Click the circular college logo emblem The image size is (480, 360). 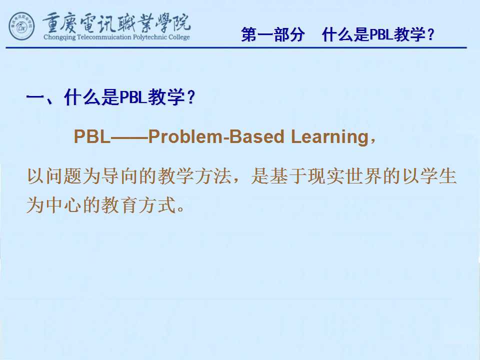click(21, 26)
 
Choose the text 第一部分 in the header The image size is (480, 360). click(273, 34)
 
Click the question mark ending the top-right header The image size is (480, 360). click(431, 34)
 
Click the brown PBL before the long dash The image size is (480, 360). click(92, 136)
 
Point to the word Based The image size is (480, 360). click(256, 136)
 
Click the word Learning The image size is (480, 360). click(329, 137)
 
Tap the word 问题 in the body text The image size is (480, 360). click(64, 176)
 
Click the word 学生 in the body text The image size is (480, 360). click(438, 176)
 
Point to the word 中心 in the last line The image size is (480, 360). click(64, 205)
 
